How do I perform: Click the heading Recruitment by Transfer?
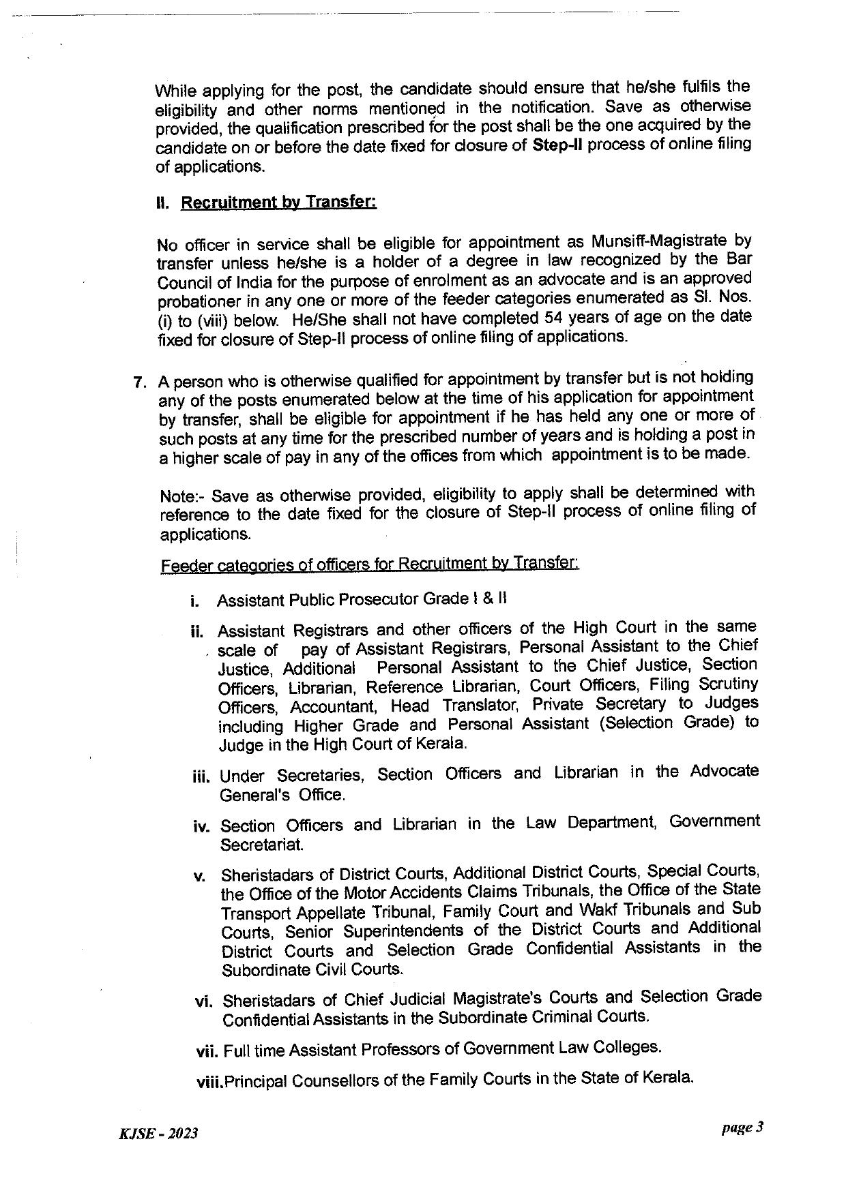(x=278, y=202)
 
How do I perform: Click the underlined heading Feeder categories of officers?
(x=369, y=564)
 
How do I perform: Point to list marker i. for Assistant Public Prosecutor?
(x=195, y=602)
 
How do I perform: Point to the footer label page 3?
(x=742, y=1128)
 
